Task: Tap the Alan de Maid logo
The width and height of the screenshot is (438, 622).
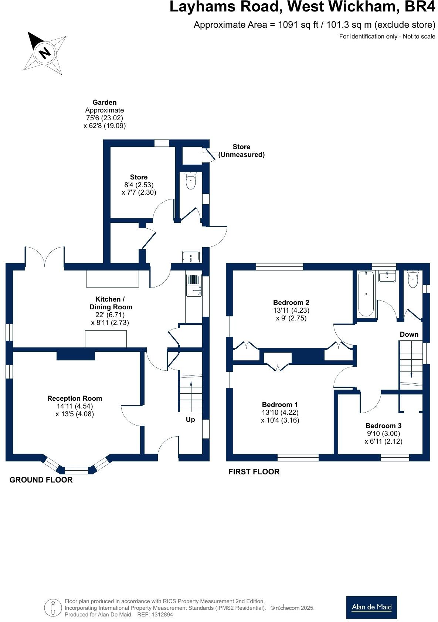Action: pyautogui.click(x=371, y=607)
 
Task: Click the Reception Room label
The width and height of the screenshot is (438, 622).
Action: pyautogui.click(x=75, y=399)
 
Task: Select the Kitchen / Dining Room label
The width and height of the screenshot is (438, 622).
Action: pyautogui.click(x=111, y=303)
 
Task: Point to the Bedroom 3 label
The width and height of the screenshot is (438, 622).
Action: pyautogui.click(x=383, y=426)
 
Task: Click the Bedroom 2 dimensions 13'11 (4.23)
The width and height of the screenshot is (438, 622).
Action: pyautogui.click(x=291, y=310)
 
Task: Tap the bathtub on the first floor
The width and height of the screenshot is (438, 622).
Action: pyautogui.click(x=366, y=294)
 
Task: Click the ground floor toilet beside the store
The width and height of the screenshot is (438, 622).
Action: pyautogui.click(x=191, y=181)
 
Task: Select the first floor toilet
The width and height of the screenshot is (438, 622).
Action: pyautogui.click(x=412, y=279)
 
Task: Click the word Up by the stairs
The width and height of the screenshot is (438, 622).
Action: pyautogui.click(x=190, y=420)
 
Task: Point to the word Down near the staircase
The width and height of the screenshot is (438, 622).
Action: pyautogui.click(x=409, y=334)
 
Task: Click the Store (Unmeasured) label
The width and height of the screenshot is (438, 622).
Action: pyautogui.click(x=241, y=151)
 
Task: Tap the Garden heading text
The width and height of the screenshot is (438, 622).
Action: pyautogui.click(x=105, y=102)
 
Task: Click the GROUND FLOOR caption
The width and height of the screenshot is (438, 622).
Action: pyautogui.click(x=41, y=480)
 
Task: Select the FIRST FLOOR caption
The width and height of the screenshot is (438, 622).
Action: pyautogui.click(x=254, y=472)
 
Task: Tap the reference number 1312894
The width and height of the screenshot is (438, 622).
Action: pyautogui.click(x=160, y=615)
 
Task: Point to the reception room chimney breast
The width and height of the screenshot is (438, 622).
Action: pyautogui.click(x=76, y=356)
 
